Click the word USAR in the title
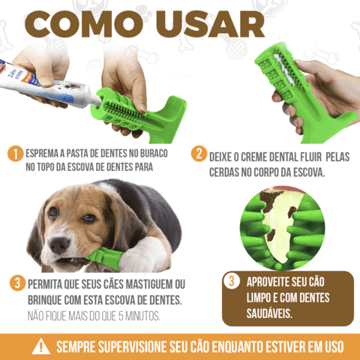click(217, 24)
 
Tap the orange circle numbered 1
click(14, 154)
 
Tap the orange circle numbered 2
click(199, 154)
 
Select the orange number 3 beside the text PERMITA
click(16, 283)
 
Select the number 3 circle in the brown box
click(233, 282)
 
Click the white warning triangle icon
click(40, 346)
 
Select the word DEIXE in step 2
click(225, 154)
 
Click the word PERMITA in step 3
click(53, 285)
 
